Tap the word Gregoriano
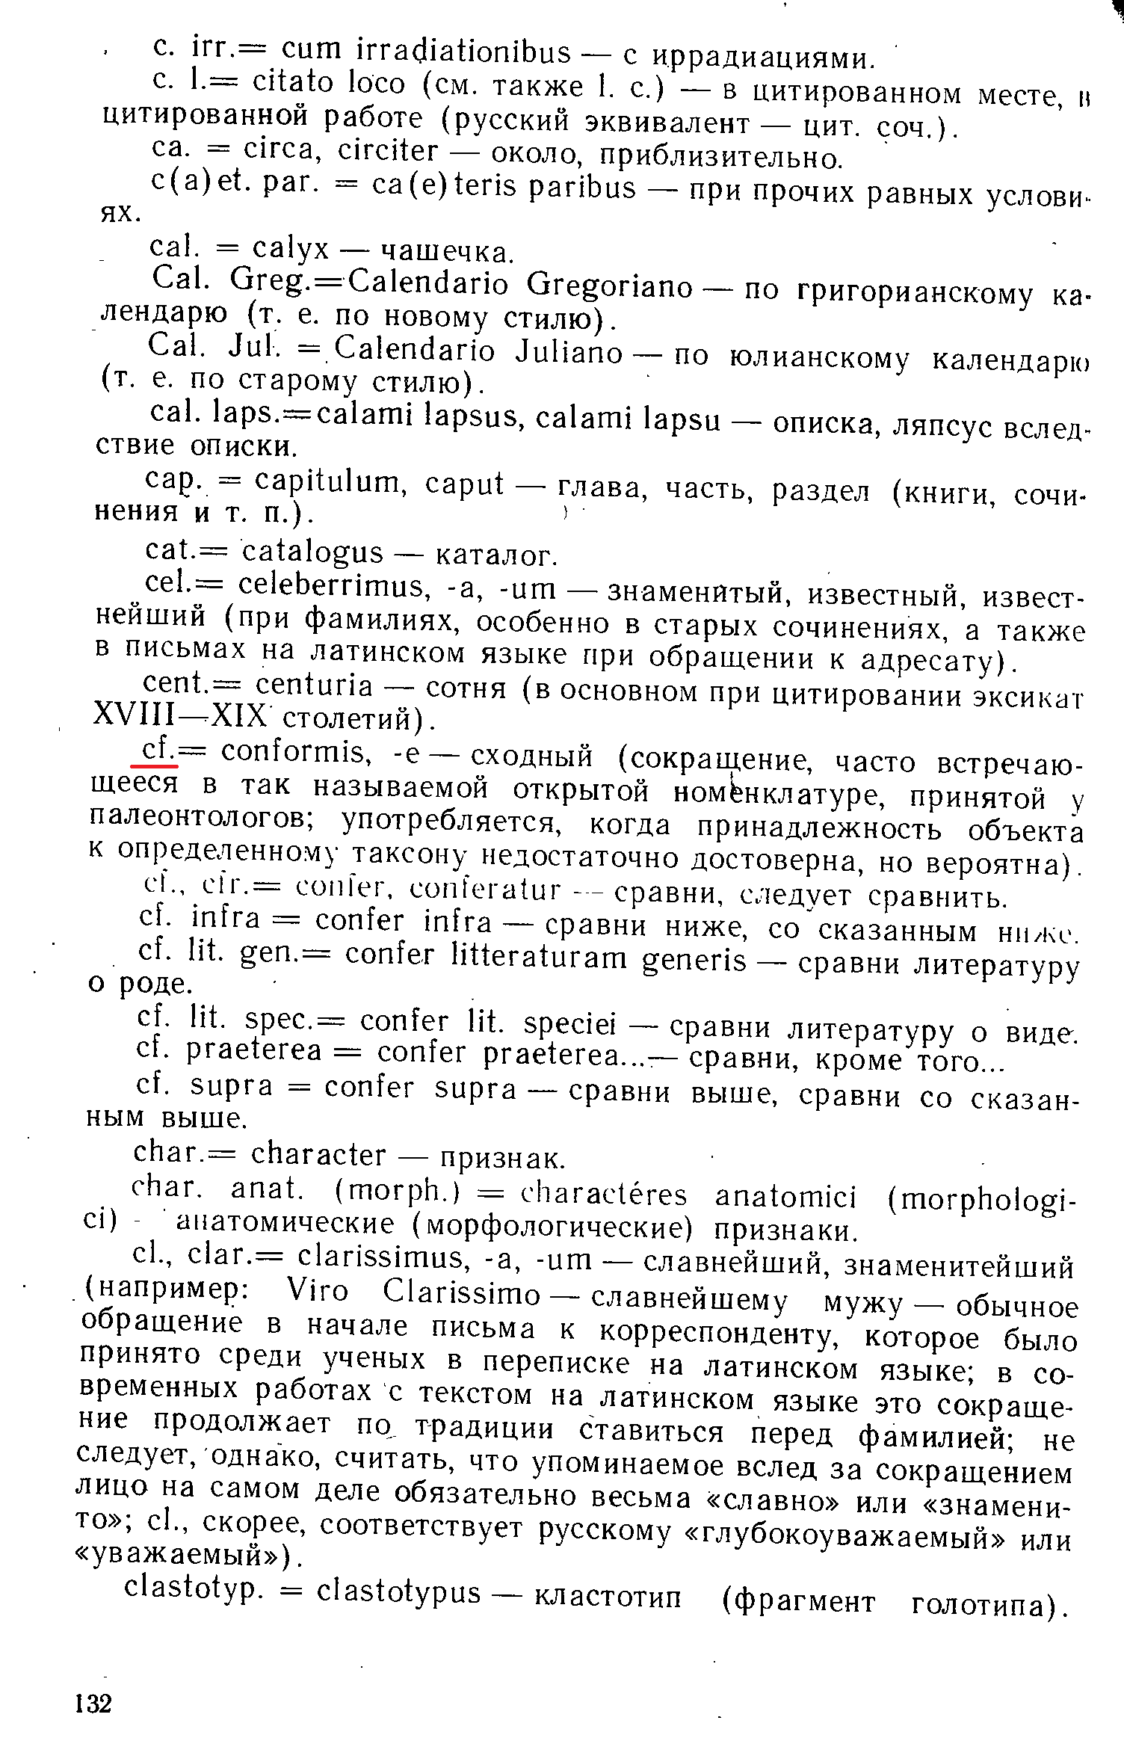click(609, 286)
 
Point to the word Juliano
click(569, 352)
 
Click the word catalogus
click(313, 553)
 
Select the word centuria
click(314, 685)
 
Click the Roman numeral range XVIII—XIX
click(179, 716)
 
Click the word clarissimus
click(381, 1257)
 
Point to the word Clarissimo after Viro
click(461, 1292)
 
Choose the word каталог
click(495, 555)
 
